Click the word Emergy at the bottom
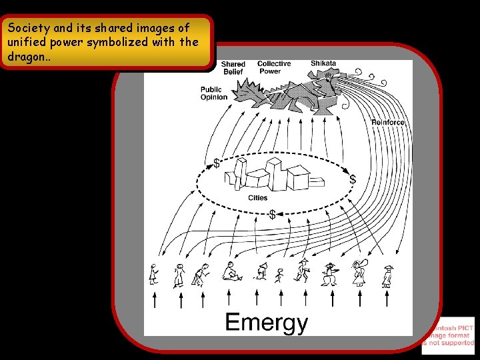pyautogui.click(x=266, y=323)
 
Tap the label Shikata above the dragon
pyautogui.click(x=323, y=63)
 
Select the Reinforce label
pyautogui.click(x=387, y=123)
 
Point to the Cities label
pyautogui.click(x=258, y=198)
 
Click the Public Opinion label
pyautogui.click(x=214, y=93)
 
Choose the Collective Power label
pyautogui.click(x=273, y=67)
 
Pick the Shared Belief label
pyautogui.click(x=233, y=68)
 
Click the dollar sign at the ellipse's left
pyautogui.click(x=217, y=163)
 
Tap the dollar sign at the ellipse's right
pyautogui.click(x=353, y=179)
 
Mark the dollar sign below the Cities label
pyautogui.click(x=272, y=215)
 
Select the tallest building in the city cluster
pyautogui.click(x=275, y=172)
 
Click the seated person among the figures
pyautogui.click(x=231, y=271)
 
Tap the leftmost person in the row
pyautogui.click(x=154, y=274)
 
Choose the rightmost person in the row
pyautogui.click(x=387, y=275)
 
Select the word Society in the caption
pyautogui.click(x=27, y=28)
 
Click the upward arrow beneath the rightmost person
pyautogui.click(x=387, y=299)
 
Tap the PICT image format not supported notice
pyautogui.click(x=449, y=335)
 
